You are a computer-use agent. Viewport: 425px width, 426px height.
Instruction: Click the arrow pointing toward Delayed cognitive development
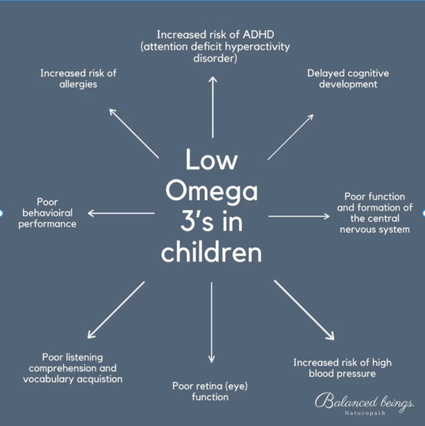click(290, 136)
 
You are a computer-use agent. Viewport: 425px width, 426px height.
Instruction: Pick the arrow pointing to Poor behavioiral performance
click(121, 213)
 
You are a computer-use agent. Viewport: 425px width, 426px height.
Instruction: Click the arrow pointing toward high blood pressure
click(304, 310)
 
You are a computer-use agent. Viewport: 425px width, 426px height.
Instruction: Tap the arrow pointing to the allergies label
click(134, 132)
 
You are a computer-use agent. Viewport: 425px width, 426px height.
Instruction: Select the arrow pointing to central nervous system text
click(299, 216)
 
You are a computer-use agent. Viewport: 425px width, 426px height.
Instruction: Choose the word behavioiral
click(47, 213)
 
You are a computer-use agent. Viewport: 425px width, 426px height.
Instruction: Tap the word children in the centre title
click(212, 251)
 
